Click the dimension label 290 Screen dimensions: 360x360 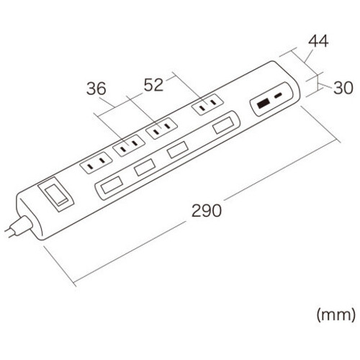coord(207,210)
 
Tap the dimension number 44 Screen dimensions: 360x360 coord(318,41)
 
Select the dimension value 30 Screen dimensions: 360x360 coord(343,88)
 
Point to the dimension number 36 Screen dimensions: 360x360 coord(96,89)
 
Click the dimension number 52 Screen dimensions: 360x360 coord(153,84)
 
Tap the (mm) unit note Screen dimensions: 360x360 coord(336,315)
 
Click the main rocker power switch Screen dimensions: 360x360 coord(55,194)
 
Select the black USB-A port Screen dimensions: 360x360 coord(263,104)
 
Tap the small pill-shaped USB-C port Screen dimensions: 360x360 coord(279,96)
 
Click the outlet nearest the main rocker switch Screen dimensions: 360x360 coord(96,163)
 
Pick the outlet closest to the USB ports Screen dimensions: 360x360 coord(207,105)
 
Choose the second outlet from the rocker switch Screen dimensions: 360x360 coord(129,145)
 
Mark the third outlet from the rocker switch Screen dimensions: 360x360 coord(161,128)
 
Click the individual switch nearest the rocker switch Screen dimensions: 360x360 coord(112,185)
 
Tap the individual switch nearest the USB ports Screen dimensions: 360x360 coord(223,125)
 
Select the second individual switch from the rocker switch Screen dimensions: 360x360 coord(144,167)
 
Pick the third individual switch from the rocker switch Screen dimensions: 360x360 coord(177,150)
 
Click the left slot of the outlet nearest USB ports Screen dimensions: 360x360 coord(203,108)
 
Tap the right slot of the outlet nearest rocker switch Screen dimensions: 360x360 coord(102,160)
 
